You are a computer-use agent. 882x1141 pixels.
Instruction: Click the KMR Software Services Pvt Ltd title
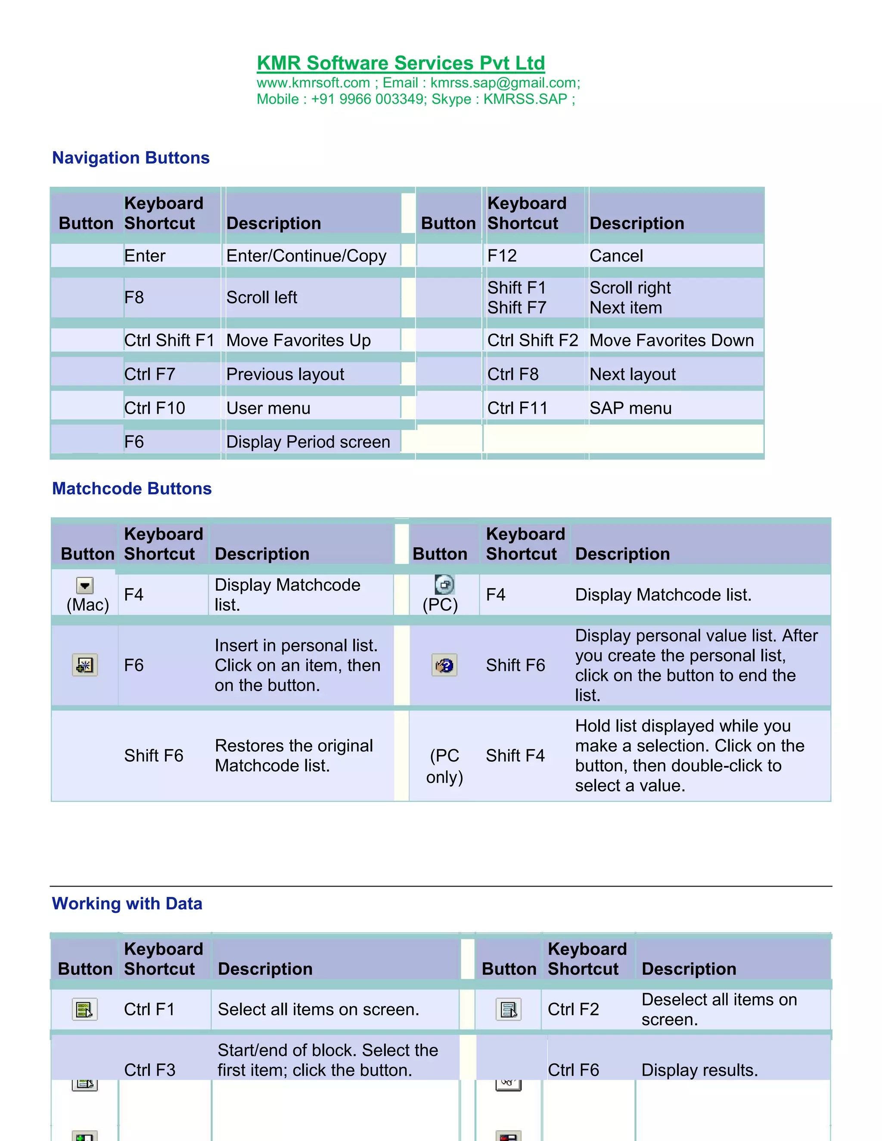click(x=401, y=63)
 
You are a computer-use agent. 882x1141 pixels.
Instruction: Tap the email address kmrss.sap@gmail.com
click(x=504, y=83)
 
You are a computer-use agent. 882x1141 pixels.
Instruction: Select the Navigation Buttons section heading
click(x=130, y=158)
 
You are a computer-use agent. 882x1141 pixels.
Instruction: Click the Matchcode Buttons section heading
click(x=132, y=489)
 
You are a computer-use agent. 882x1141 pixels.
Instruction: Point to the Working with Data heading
click(x=127, y=903)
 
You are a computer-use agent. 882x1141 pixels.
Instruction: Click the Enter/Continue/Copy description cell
click(x=306, y=256)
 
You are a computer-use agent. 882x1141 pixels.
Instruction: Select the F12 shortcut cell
click(x=502, y=256)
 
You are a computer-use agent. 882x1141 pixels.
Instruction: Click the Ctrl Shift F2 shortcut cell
click(x=532, y=341)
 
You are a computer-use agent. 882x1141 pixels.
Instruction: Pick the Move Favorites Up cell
click(x=298, y=341)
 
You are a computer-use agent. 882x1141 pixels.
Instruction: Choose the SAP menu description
click(x=630, y=408)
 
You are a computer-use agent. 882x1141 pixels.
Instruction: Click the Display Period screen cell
click(x=308, y=442)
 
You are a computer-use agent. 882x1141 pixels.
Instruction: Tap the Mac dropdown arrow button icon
click(x=85, y=586)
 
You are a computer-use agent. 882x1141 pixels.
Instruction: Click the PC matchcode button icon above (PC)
click(x=444, y=585)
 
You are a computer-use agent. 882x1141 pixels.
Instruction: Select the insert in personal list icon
click(x=85, y=665)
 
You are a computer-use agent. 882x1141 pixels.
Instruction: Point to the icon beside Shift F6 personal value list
click(x=444, y=666)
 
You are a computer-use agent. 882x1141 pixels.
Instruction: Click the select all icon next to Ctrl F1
click(x=85, y=1009)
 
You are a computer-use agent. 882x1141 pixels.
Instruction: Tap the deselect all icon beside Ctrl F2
click(x=509, y=1009)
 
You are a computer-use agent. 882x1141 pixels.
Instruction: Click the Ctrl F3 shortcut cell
click(x=149, y=1070)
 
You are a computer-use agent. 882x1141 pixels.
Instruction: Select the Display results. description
click(x=699, y=1070)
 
